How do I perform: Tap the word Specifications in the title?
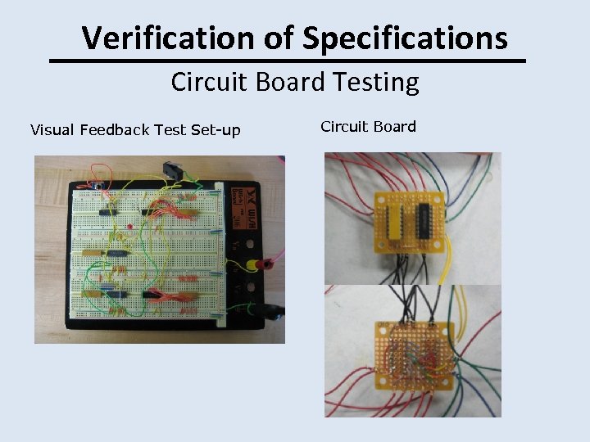pos(405,38)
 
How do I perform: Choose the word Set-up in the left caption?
pos(215,129)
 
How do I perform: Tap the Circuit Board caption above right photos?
pos(368,126)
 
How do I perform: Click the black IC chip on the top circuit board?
pos(424,219)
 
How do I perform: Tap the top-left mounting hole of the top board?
pos(381,199)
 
